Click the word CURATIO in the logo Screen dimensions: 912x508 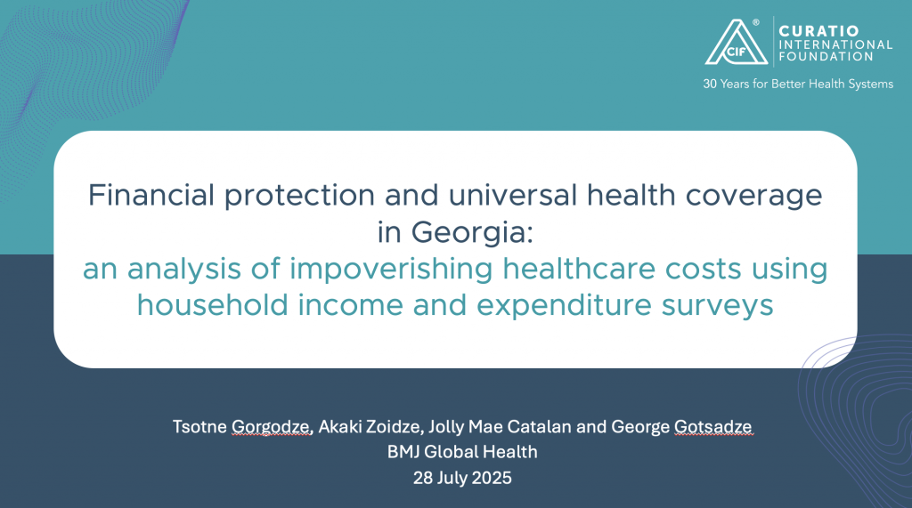(818, 31)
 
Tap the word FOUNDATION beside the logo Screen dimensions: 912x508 (826, 56)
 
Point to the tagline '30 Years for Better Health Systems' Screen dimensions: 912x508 (798, 84)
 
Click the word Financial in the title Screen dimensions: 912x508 (151, 195)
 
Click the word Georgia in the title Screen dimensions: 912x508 (472, 232)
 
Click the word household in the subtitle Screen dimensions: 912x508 (212, 305)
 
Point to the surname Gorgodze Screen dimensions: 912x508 (272, 427)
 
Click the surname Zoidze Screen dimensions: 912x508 (393, 427)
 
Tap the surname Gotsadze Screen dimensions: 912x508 (713, 427)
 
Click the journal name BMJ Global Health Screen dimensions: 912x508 (462, 452)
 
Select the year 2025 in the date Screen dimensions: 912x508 (492, 478)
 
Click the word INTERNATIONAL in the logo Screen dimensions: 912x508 (835, 44)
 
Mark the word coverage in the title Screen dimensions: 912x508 (753, 197)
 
